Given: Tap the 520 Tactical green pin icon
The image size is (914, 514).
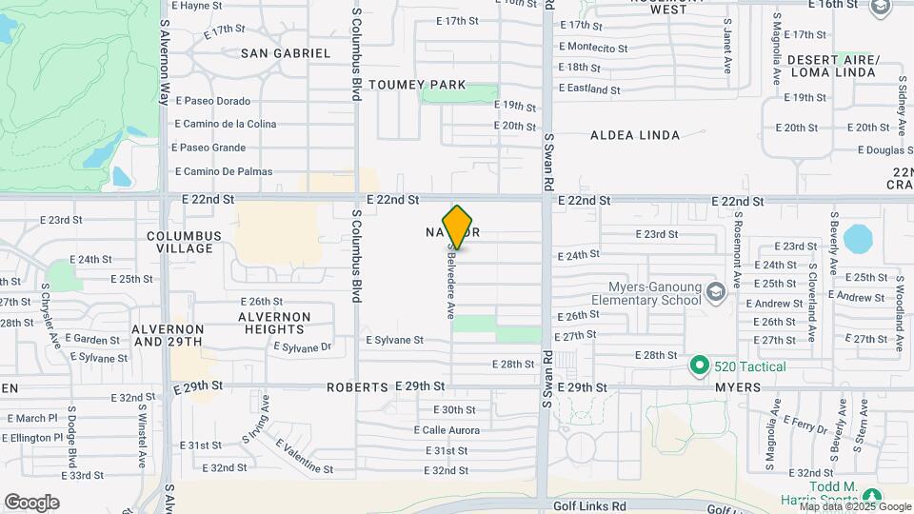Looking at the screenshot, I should [x=700, y=366].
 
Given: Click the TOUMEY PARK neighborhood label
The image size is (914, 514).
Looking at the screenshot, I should [x=417, y=85].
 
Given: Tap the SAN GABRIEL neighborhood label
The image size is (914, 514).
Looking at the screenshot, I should [x=285, y=53].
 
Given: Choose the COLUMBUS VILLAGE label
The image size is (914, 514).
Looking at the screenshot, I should [x=184, y=242].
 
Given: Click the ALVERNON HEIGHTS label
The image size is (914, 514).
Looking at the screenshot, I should [x=274, y=322].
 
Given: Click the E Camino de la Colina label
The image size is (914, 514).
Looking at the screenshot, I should [x=226, y=124].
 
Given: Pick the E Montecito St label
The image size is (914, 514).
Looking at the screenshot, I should [x=593, y=47].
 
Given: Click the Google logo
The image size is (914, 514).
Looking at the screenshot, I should [x=31, y=502].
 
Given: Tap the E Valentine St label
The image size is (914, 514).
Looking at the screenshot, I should [x=304, y=456].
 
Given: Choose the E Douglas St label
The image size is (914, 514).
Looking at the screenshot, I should [x=884, y=149].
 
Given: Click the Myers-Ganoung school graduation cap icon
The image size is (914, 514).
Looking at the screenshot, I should [x=716, y=288].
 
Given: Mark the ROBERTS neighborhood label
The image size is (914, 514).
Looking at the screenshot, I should [x=357, y=387].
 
